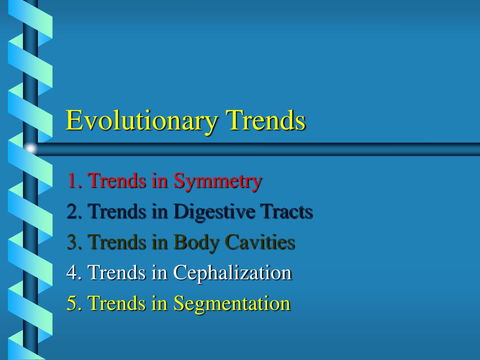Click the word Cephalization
pyautogui.click(x=232, y=273)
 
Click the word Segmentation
pyautogui.click(x=232, y=303)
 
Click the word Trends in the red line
pyautogui.click(x=117, y=180)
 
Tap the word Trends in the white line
pyautogui.click(x=117, y=273)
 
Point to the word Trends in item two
pyautogui.click(x=117, y=212)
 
